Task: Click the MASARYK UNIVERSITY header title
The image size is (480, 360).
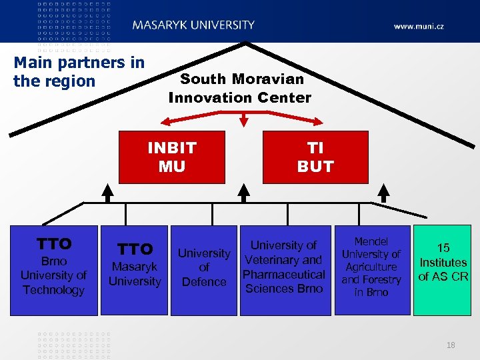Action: pos(193,25)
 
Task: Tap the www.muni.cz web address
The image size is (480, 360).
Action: pos(419,27)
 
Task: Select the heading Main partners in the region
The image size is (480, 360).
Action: pos(79,72)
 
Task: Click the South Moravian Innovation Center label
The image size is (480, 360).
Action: pos(239,88)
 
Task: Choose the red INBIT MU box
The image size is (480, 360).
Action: pos(172,157)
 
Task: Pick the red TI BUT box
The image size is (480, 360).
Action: pos(315,157)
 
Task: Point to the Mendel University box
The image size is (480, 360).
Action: pos(371,267)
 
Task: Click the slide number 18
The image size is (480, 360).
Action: pos(451,345)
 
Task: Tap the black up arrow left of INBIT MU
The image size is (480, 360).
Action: pos(107,193)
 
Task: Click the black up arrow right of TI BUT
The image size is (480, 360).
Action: pos(383,193)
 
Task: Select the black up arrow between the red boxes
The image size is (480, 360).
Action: pos(244,193)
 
